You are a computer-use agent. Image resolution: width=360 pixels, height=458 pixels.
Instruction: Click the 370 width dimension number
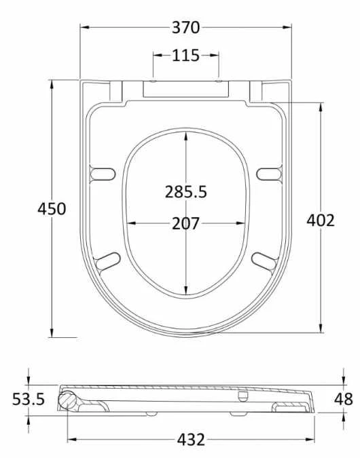pyautogui.click(x=185, y=27)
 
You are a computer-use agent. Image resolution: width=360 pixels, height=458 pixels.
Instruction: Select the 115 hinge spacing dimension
pyautogui.click(x=185, y=56)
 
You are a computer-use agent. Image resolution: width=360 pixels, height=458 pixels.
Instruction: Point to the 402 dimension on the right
pyautogui.click(x=321, y=220)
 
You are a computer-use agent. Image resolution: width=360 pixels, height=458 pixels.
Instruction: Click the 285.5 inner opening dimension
pyautogui.click(x=185, y=192)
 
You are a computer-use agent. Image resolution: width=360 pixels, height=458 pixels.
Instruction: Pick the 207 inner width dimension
pyautogui.click(x=185, y=223)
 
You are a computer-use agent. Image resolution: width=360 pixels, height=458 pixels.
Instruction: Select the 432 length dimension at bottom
pyautogui.click(x=191, y=440)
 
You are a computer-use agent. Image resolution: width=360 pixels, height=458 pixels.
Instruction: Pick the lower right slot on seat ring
pyautogui.click(x=264, y=261)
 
